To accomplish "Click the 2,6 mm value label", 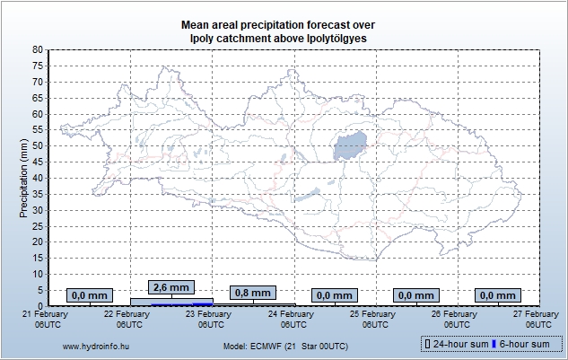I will click(x=171, y=287).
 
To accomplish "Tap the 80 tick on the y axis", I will click(x=37, y=50).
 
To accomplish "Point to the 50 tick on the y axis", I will click(x=37, y=145).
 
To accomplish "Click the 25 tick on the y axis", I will click(x=37, y=225).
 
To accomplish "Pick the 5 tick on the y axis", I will click(x=39, y=289).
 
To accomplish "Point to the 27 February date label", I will click(x=536, y=319).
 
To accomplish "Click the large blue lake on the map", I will click(x=351, y=145).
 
